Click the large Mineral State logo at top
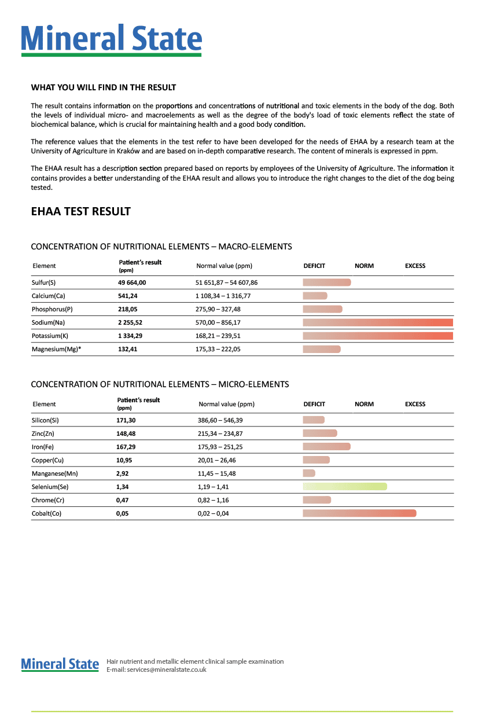tap(112, 39)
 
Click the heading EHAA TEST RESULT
tap(80, 211)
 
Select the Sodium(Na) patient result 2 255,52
tap(132, 322)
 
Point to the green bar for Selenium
tap(345, 487)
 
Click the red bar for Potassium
tap(378, 336)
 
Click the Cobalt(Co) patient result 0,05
tap(123, 513)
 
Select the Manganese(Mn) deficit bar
tap(309, 473)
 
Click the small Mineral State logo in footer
tap(60, 664)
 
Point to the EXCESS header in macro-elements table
tap(415, 266)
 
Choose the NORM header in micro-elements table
tap(364, 404)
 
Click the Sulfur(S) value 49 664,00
tap(132, 282)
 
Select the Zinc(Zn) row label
tap(45, 433)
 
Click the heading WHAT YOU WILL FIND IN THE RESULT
tap(103, 87)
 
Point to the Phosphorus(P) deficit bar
tap(322, 309)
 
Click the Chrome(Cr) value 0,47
tap(123, 500)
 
